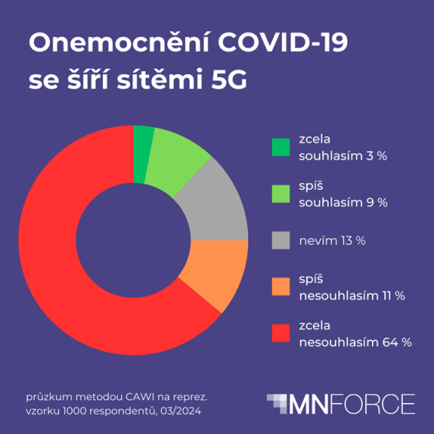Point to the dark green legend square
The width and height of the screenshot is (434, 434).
click(x=280, y=147)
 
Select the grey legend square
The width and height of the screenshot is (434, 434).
click(x=280, y=239)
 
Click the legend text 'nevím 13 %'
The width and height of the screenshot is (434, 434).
click(x=332, y=240)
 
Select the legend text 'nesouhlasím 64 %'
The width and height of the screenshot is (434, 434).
click(x=355, y=341)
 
